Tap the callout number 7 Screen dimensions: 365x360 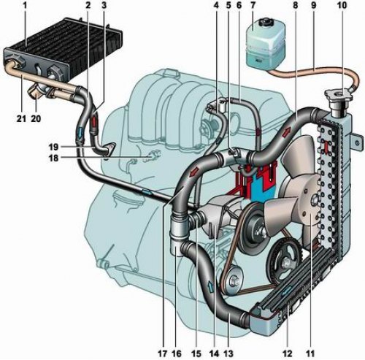click(253, 5)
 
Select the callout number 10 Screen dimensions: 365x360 click(342, 5)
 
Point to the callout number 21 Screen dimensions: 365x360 click(21, 118)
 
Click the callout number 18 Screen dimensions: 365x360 click(54, 158)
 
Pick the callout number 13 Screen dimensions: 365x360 click(228, 353)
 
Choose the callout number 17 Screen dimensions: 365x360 click(163, 353)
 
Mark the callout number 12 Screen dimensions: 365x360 click(288, 353)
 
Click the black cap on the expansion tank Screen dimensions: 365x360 click(264, 23)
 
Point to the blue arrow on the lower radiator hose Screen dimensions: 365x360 click(211, 287)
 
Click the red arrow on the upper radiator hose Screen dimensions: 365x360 click(288, 131)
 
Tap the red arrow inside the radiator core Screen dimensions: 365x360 click(325, 147)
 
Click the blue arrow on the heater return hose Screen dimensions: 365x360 click(80, 132)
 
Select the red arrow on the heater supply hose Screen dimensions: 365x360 click(94, 122)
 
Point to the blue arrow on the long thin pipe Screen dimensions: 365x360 click(147, 193)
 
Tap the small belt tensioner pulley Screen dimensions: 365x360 click(234, 279)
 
